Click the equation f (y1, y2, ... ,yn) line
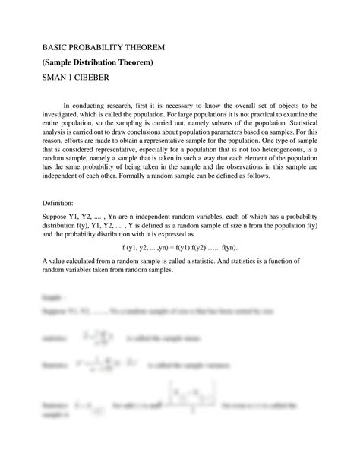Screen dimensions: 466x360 (x=179, y=247)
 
